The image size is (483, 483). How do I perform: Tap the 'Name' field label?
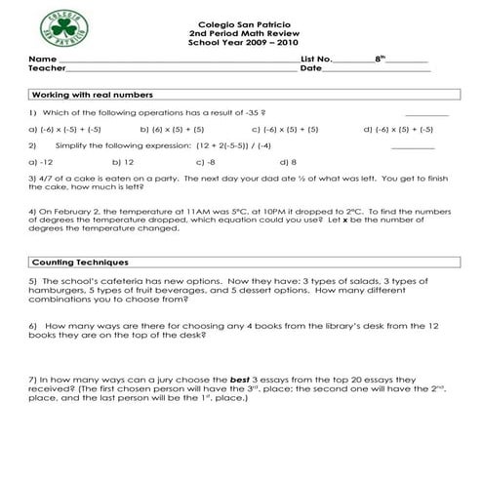(x=39, y=60)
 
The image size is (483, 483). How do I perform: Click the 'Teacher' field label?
(x=47, y=68)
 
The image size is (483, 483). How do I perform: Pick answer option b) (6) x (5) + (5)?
(x=172, y=129)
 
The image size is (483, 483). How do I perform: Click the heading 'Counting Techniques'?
(x=80, y=262)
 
